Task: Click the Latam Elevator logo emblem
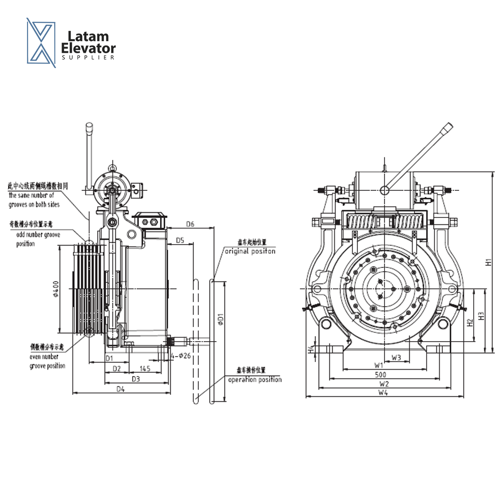click(41, 42)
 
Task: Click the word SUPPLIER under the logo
click(88, 57)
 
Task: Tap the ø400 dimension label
click(56, 289)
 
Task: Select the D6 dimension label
click(190, 224)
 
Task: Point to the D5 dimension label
click(180, 240)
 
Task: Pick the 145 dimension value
click(145, 368)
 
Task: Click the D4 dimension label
click(120, 389)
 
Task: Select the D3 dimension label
click(135, 379)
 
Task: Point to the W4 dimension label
click(383, 393)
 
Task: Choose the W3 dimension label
click(396, 357)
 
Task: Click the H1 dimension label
click(488, 262)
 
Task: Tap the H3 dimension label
click(481, 316)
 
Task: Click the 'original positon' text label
click(250, 251)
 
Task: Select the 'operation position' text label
click(255, 379)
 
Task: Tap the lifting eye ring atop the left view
click(112, 167)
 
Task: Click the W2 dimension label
click(384, 384)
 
